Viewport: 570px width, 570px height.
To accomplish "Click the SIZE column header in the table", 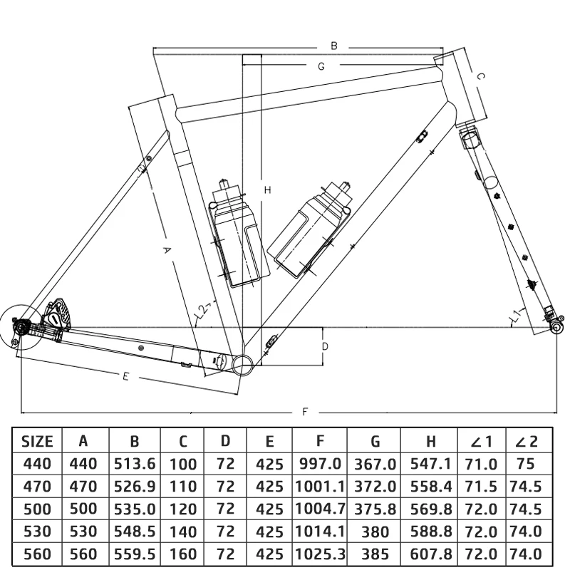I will [x=37, y=441].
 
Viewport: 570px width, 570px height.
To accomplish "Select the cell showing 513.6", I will [x=134, y=464].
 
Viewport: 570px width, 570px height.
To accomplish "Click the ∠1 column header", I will [x=481, y=441].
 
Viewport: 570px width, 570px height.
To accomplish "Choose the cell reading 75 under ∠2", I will [x=525, y=464].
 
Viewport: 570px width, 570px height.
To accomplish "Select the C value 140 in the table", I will [x=182, y=532].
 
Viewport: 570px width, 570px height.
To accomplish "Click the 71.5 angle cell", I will [x=481, y=487].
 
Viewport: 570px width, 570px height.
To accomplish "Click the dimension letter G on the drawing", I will [x=321, y=66].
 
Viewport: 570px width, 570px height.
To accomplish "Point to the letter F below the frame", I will [x=305, y=412].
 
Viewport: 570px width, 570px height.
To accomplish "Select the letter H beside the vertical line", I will [x=267, y=190].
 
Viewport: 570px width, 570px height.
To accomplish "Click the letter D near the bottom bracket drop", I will [x=324, y=347].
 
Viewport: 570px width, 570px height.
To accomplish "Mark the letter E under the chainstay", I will [x=125, y=376].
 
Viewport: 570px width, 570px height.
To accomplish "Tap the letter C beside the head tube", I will [x=480, y=76].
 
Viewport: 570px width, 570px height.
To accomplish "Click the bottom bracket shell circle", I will [x=243, y=364].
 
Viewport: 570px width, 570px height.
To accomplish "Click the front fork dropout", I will [x=556, y=326].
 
